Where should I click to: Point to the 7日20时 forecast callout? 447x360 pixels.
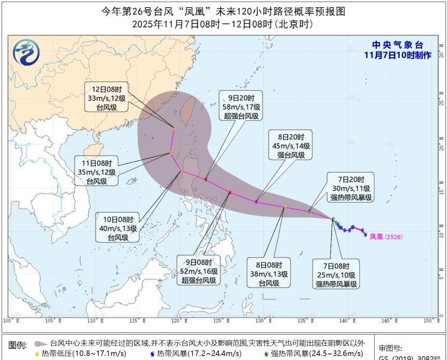pos(351,188)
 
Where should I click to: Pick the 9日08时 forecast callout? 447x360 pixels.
pos(198,270)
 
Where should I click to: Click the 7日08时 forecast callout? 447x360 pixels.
pos(336,274)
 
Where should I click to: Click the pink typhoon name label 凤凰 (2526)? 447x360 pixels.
pos(386,237)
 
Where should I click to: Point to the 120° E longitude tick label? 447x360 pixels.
pos(179,321)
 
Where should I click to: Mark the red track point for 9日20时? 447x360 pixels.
pos(206,179)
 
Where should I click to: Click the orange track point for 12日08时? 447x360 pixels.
pos(175,127)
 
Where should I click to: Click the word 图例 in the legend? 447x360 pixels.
pos(18,345)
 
